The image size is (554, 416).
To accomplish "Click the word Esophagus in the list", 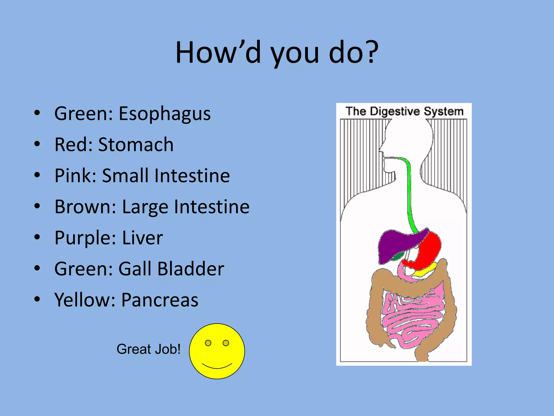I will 164,114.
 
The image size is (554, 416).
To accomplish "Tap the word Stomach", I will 136,145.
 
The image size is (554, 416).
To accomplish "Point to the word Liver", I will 143,238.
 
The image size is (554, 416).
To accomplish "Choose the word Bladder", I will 191,269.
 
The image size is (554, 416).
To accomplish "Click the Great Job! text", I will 148,349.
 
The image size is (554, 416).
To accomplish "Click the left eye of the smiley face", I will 208,343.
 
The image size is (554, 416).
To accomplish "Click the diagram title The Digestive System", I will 404,111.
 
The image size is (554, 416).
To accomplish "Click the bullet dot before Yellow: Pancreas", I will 37,299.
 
